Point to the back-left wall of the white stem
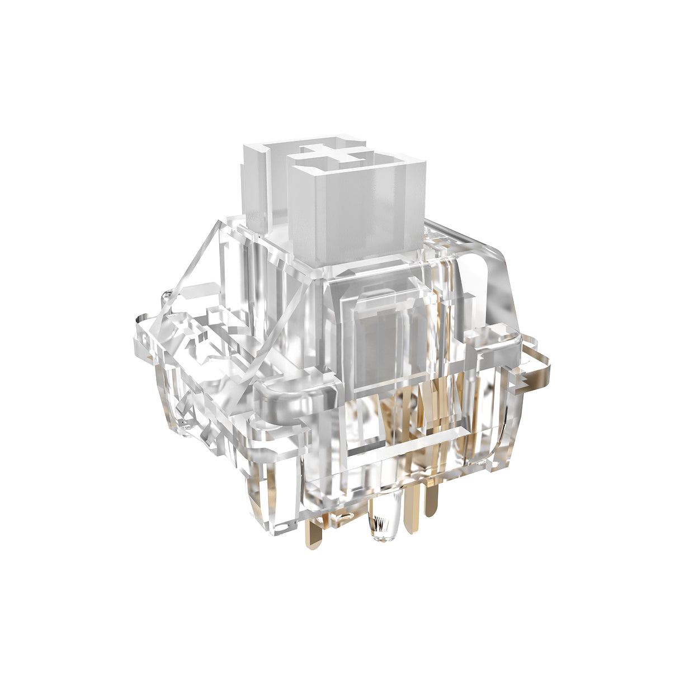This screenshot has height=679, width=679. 254,185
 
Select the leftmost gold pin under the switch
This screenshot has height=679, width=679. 317,531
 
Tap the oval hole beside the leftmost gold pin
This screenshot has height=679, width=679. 341,517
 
